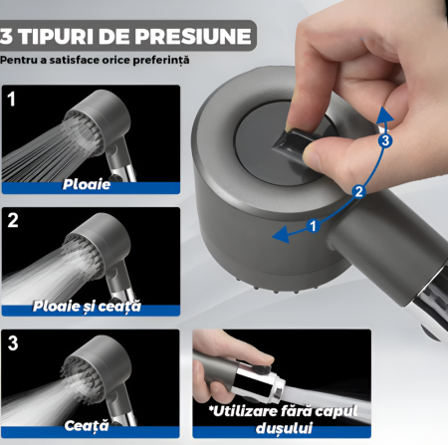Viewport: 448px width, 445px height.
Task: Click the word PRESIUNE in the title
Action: (193, 36)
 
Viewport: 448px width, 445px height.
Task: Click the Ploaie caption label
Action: (87, 184)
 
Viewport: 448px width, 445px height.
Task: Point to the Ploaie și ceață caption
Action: (87, 307)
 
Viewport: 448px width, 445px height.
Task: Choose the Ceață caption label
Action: (87, 426)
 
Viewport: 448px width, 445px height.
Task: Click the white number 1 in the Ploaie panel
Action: (12, 99)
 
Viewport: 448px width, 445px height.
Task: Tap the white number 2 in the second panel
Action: (13, 220)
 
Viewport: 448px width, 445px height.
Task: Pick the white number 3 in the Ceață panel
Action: (13, 342)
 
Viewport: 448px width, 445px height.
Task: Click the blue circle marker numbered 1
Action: (313, 226)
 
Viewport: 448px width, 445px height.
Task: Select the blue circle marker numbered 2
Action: (359, 192)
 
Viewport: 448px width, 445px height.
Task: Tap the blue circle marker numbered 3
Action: (385, 140)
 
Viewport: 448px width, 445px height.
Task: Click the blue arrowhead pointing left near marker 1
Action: (282, 234)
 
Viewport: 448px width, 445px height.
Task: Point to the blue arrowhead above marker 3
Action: (384, 115)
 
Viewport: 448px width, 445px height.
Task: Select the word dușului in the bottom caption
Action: (284, 428)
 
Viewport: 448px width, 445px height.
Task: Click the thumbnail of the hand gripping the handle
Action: (282, 383)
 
